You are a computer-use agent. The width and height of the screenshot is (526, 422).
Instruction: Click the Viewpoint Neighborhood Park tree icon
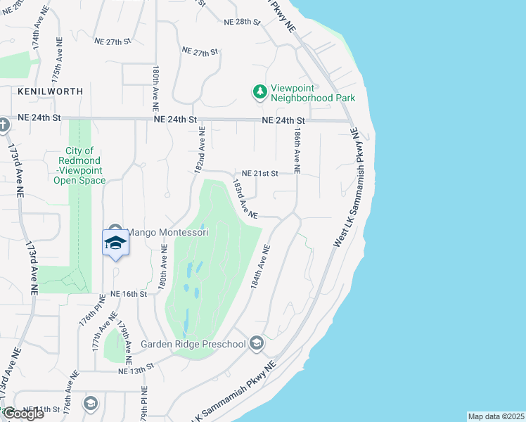260,91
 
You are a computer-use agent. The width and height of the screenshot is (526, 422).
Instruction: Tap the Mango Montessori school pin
116,243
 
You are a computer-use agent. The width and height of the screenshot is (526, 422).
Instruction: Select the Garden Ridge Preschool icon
257,343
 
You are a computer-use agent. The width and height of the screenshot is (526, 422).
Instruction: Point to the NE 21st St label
260,173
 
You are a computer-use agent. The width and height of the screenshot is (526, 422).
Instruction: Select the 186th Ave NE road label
298,152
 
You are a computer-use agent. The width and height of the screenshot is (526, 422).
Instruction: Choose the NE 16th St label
127,293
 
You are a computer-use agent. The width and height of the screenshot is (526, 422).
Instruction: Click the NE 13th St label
136,370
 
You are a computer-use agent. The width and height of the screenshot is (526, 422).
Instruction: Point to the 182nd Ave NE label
200,150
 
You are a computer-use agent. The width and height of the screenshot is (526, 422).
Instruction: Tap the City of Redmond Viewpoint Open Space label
79,165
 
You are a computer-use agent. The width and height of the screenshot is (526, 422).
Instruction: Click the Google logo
23,414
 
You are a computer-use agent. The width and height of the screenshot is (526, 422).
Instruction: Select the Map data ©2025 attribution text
496,416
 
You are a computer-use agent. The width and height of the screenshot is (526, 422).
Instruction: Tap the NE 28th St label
242,23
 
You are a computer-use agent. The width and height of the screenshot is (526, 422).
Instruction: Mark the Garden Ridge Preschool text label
193,344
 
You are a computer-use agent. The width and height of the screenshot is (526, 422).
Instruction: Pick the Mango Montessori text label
167,233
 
